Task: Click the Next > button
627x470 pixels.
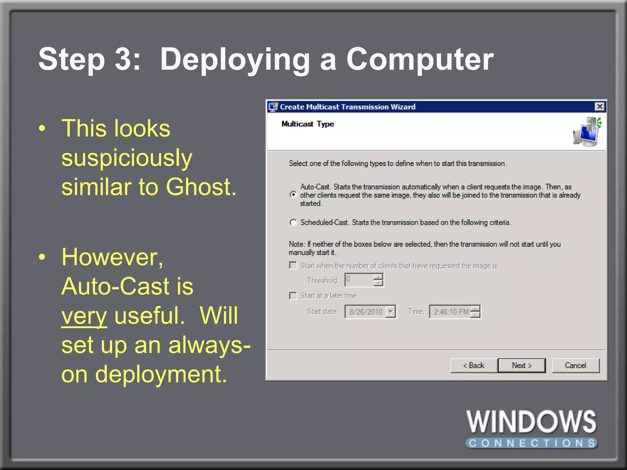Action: click(x=522, y=365)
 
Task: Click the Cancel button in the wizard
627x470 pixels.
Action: click(x=576, y=365)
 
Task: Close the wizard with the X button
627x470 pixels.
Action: click(x=600, y=106)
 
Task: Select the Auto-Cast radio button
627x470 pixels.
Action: click(x=293, y=195)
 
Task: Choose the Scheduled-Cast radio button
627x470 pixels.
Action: click(x=293, y=222)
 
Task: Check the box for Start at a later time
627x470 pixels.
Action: click(x=293, y=296)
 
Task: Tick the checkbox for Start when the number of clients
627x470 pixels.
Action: click(x=293, y=265)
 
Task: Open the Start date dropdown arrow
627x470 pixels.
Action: click(x=390, y=312)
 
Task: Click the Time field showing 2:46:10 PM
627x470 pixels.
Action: click(x=450, y=312)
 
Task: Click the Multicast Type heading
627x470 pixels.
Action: click(x=307, y=124)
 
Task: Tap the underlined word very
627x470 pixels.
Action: click(x=84, y=316)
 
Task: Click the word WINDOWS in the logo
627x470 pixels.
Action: click(x=531, y=422)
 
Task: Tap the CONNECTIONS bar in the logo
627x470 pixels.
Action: click(x=531, y=443)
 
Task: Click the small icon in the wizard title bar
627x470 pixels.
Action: click(x=273, y=106)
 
